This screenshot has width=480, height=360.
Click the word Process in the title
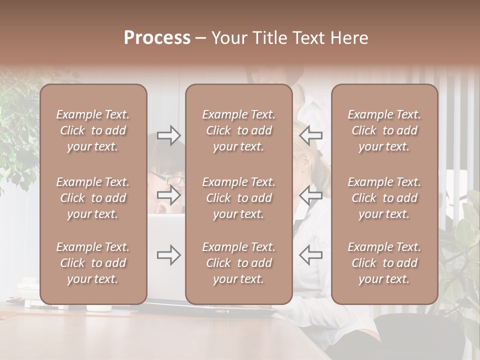[x=157, y=38]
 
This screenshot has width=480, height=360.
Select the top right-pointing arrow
[x=169, y=135]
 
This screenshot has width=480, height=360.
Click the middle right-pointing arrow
[x=169, y=195]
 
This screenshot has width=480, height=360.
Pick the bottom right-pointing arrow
[x=169, y=255]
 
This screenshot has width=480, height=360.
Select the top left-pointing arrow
[x=311, y=135]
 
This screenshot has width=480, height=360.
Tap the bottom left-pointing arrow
[x=311, y=255]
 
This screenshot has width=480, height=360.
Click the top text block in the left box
[x=93, y=130]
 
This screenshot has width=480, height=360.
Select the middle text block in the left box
[x=93, y=198]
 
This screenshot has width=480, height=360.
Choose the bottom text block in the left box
[x=93, y=263]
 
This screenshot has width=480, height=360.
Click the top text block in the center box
[x=239, y=130]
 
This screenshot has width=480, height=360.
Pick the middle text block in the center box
[x=239, y=198]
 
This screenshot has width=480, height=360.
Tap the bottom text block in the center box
[x=239, y=263]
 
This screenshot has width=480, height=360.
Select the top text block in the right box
[x=384, y=130]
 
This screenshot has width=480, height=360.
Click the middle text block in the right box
[x=384, y=198]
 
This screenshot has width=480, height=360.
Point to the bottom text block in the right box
[x=384, y=263]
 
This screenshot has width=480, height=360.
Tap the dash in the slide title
[x=201, y=38]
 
